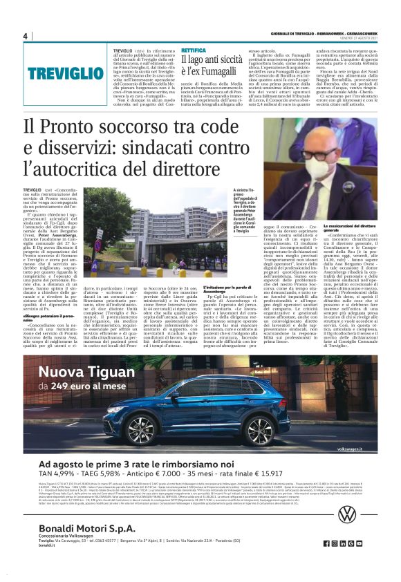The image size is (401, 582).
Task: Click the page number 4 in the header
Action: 25,37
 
